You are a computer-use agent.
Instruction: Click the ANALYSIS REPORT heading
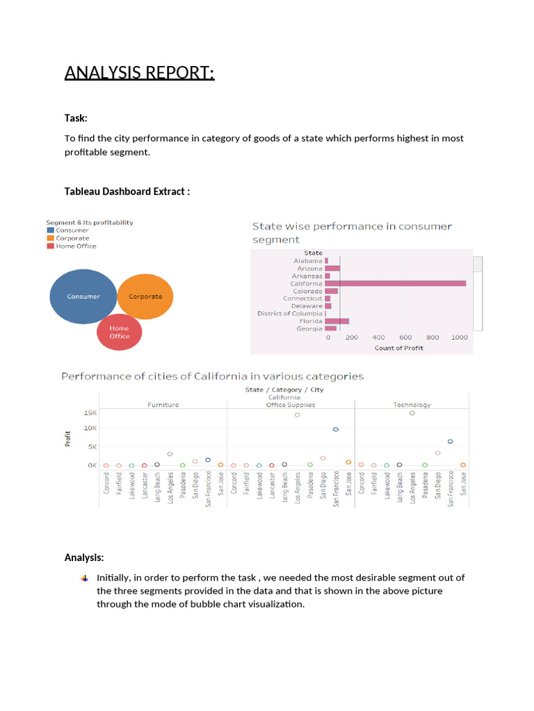[x=140, y=72]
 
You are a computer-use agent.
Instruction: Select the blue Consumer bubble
[x=83, y=296]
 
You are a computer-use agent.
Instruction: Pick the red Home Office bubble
[x=119, y=332]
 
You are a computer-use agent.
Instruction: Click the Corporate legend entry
[x=72, y=238]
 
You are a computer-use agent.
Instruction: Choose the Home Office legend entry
[x=76, y=246]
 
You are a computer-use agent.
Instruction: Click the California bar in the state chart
[x=396, y=283]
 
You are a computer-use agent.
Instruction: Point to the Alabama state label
[x=308, y=261]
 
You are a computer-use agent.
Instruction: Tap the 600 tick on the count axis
[x=405, y=337]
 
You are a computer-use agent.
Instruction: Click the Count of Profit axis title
[x=398, y=348]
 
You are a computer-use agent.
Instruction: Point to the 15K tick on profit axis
[x=90, y=412]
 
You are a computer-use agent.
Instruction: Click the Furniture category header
[x=163, y=405]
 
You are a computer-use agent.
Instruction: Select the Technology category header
[x=412, y=405]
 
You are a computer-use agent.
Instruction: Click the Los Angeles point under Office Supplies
[x=297, y=415]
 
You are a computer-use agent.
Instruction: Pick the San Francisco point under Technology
[x=451, y=442]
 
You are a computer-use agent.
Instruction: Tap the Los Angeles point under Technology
[x=412, y=413]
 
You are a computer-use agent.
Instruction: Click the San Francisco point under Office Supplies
[x=336, y=429]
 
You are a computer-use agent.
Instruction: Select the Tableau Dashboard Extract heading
[x=127, y=191]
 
